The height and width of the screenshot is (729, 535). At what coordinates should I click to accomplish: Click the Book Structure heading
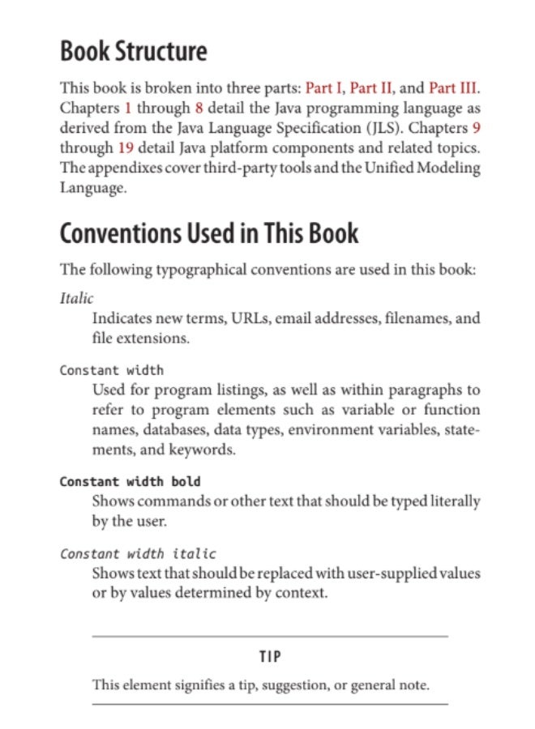pyautogui.click(x=134, y=51)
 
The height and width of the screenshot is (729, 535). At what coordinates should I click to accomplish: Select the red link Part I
pyautogui.click(x=323, y=87)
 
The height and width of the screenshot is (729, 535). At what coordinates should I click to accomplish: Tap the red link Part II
pyautogui.click(x=370, y=87)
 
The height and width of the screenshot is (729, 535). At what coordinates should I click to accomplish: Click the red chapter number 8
pyautogui.click(x=199, y=108)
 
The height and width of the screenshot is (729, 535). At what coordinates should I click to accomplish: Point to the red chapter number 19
pyautogui.click(x=126, y=148)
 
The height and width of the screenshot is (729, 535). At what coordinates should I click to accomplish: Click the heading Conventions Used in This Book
pyautogui.click(x=209, y=233)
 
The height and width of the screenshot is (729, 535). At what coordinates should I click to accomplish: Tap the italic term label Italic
pyautogui.click(x=77, y=299)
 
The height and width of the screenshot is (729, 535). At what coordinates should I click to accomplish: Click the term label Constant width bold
pyautogui.click(x=130, y=482)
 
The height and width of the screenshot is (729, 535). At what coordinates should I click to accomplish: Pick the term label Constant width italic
pyautogui.click(x=138, y=554)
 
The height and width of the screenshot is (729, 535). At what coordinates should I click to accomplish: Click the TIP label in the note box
pyautogui.click(x=270, y=655)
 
